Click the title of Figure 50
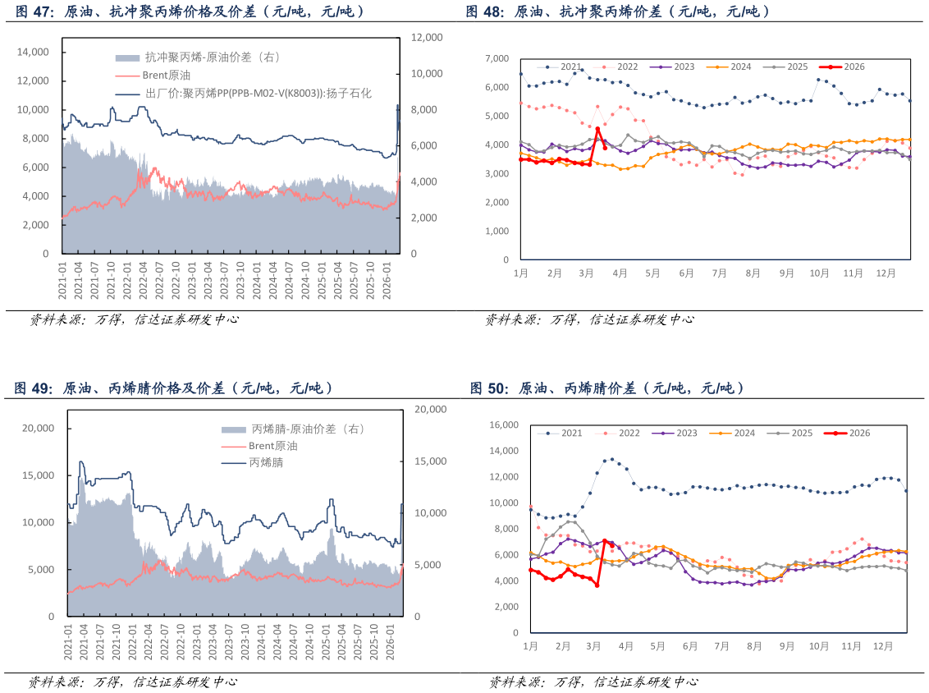point(606,388)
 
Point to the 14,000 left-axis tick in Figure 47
point(34,52)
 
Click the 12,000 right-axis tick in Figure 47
point(427,38)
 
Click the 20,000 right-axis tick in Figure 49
point(432,409)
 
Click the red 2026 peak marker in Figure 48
point(597,129)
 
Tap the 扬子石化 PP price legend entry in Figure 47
point(258,94)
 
